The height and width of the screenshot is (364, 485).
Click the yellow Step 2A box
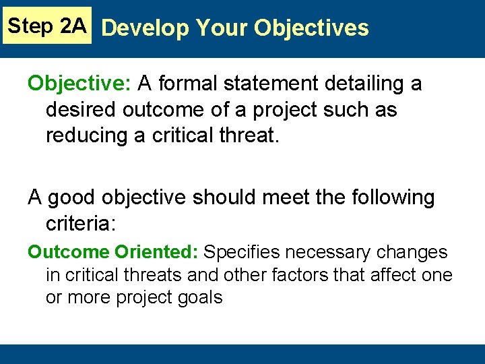pos(46,26)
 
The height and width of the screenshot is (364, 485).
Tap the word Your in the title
pos(214,28)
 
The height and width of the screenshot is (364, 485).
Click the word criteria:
pos(81,223)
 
